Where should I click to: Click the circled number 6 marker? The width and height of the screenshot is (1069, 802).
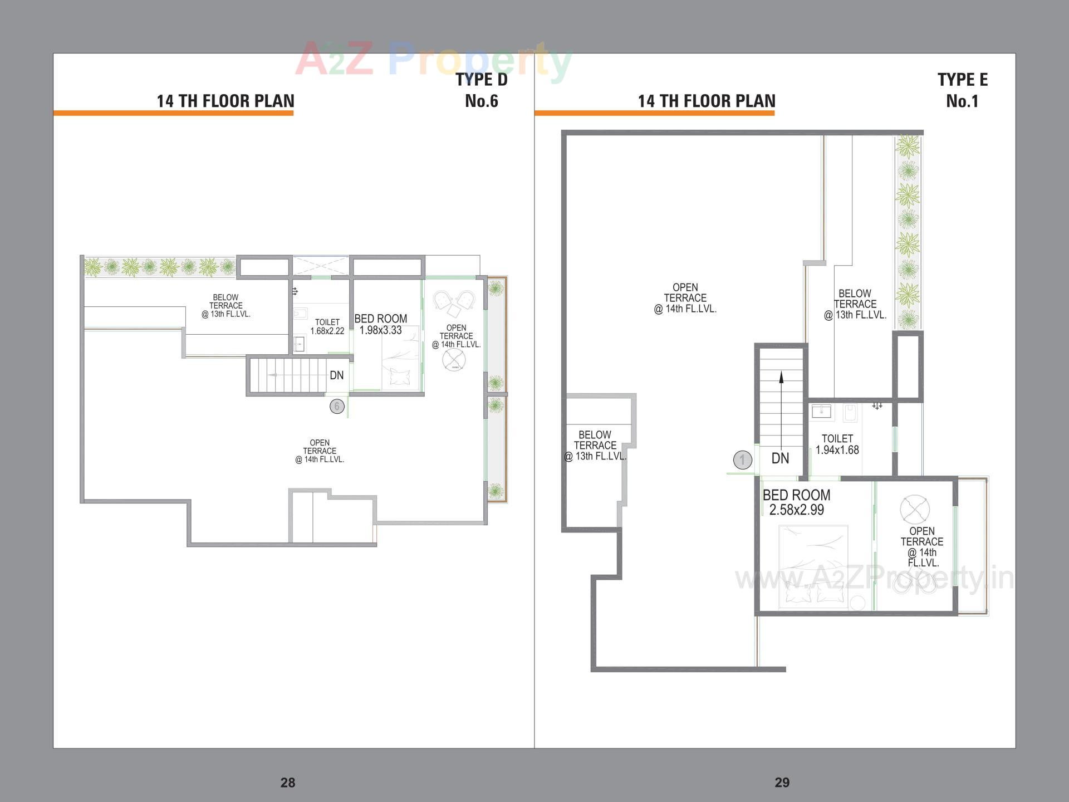coord(337,407)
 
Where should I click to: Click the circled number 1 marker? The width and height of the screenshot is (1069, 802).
coord(742,460)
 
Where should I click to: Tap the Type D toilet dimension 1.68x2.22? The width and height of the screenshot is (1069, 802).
coord(327,331)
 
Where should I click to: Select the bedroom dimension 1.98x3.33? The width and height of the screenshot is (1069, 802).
coord(380,330)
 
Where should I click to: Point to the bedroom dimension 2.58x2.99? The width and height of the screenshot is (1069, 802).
coord(796,510)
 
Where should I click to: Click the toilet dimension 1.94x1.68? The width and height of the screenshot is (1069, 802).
coord(837,450)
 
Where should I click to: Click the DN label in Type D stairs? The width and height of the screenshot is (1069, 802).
coord(337,375)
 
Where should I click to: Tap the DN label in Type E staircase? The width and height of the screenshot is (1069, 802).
coord(780,458)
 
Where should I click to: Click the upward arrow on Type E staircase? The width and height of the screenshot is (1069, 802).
coord(781,379)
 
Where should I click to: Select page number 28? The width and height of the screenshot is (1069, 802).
coord(287,783)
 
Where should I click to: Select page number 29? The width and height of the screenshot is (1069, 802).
coord(782,783)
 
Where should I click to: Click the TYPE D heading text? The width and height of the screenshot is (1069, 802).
coord(481,80)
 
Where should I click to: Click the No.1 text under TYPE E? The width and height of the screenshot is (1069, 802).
coord(962,101)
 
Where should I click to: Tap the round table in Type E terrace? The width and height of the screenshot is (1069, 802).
coord(914,508)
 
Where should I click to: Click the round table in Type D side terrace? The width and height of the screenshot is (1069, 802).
coord(454,360)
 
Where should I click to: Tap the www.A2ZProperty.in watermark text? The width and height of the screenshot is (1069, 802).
coord(874,578)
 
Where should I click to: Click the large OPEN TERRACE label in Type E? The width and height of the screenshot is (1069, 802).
coord(685,298)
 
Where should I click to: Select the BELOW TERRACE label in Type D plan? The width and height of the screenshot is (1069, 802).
coord(225,306)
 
